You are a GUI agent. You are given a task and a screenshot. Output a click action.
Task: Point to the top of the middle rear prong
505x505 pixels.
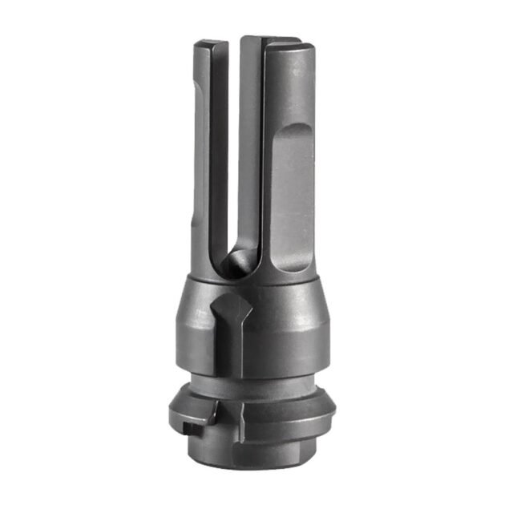(x=265, y=39)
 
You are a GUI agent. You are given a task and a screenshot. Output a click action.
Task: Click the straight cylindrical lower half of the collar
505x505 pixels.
(x=265, y=345)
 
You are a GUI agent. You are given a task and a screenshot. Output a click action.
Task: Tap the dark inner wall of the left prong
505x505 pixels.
(x=217, y=160)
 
